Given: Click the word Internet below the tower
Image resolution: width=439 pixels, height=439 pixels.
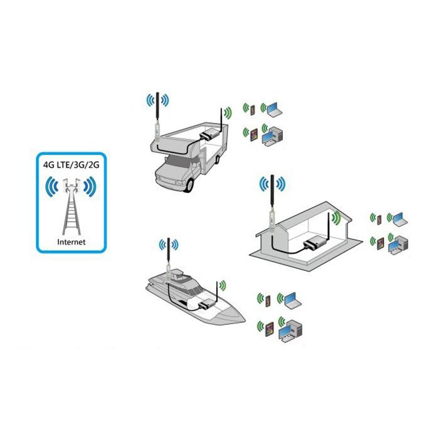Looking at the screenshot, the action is point(71,242).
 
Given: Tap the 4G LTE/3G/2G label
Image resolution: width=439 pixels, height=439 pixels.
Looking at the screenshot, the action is point(71,164).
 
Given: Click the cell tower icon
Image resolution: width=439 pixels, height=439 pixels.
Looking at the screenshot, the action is point(71,206).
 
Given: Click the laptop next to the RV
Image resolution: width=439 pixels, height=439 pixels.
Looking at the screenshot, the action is point(275,109).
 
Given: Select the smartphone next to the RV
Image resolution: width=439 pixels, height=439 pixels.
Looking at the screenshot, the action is point(252,110).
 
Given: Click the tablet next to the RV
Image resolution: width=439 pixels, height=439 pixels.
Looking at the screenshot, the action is point(253,135).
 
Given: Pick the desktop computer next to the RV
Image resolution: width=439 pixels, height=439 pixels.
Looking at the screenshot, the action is point(272,137).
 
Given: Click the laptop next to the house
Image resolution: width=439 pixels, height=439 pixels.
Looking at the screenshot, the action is point(400,219).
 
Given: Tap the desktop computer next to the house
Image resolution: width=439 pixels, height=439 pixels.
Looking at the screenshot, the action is point(398,245).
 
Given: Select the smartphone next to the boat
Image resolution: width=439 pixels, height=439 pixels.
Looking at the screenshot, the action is point(268,301).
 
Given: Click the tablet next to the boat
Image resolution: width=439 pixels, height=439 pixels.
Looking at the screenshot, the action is point(269,329).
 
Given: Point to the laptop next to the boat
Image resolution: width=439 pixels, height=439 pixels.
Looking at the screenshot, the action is point(293,299).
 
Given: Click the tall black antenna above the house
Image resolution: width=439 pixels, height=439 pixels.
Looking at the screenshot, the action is point(272,193).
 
